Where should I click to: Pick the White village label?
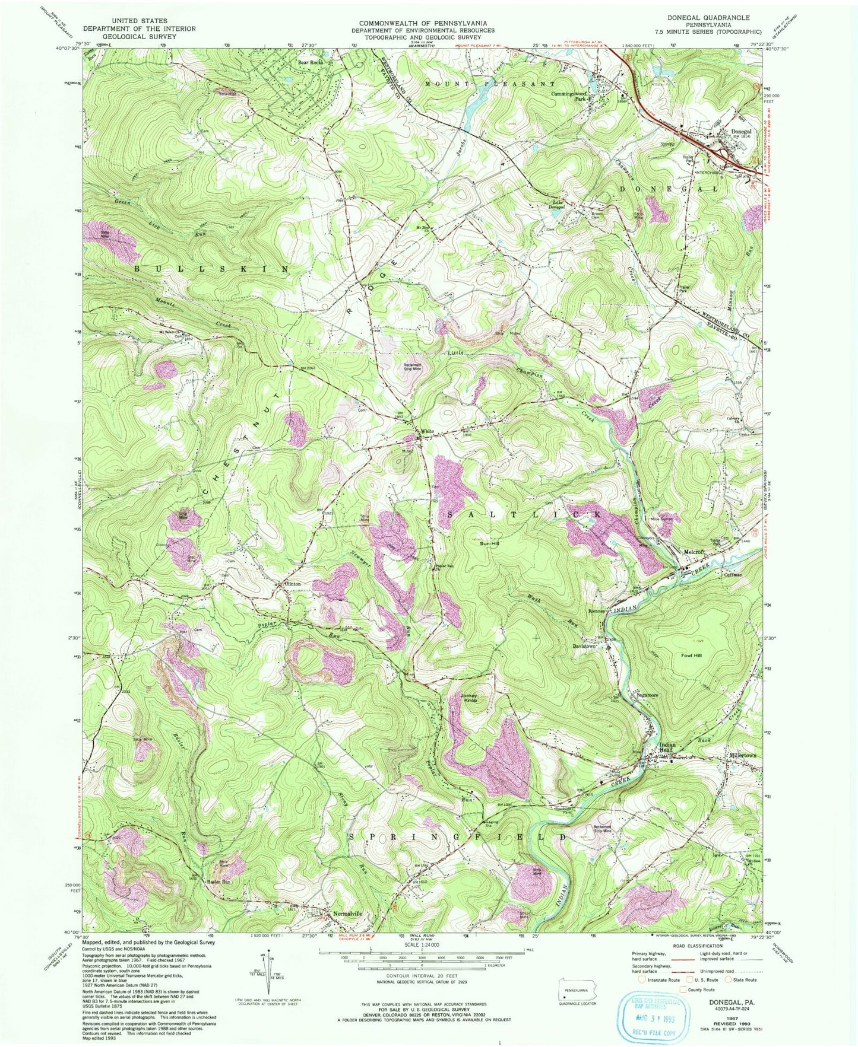click(426, 431)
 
